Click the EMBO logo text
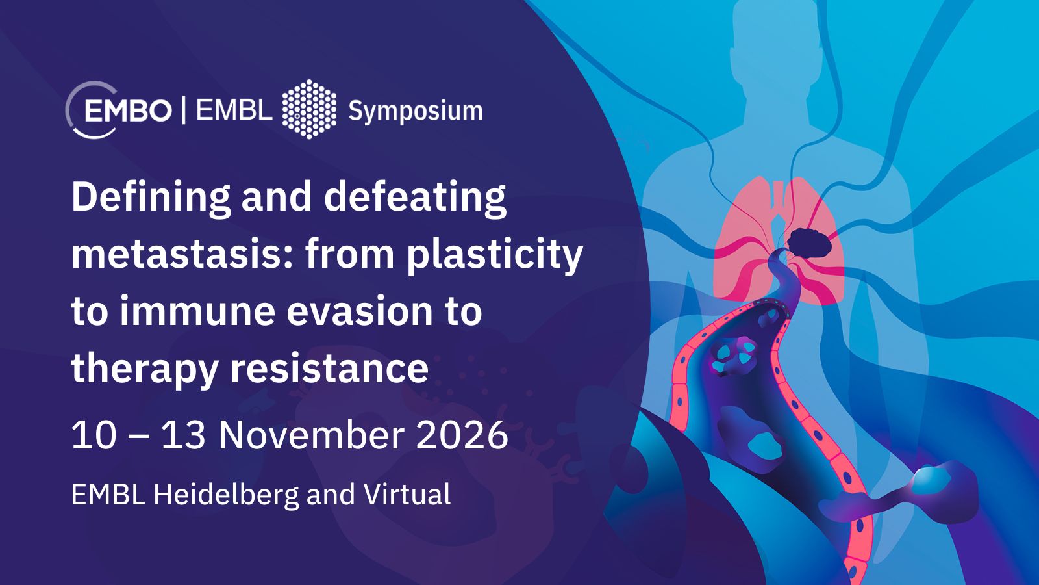click(x=128, y=111)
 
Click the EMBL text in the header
click(x=234, y=110)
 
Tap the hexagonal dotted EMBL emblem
click(x=309, y=109)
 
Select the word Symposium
click(x=415, y=112)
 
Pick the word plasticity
click(x=494, y=256)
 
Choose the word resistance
click(x=329, y=369)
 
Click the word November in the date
click(x=311, y=435)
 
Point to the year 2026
click(x=462, y=435)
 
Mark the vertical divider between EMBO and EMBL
click(x=184, y=110)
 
